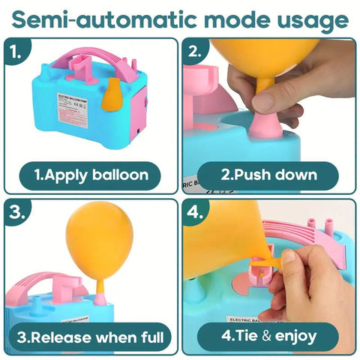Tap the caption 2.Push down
269,175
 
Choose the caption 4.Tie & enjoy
269,335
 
